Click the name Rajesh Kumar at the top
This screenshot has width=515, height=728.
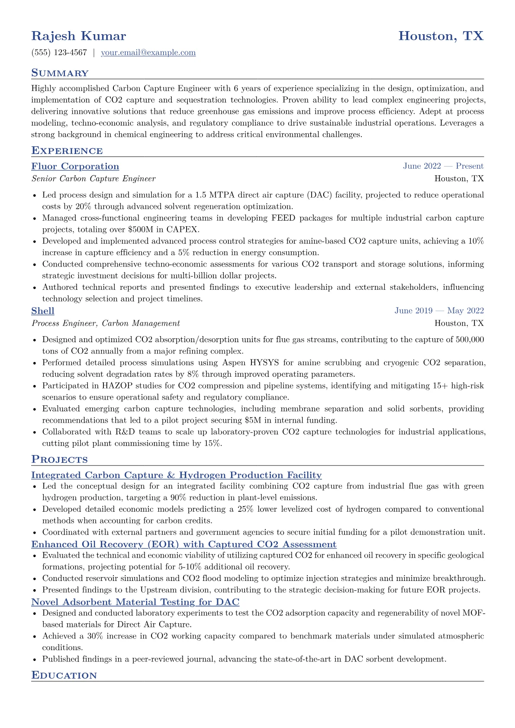(78, 36)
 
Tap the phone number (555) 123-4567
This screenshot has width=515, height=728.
(59, 53)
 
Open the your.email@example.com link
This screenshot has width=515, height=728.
(148, 53)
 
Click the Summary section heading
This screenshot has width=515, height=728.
(60, 73)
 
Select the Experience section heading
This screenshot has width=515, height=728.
(67, 151)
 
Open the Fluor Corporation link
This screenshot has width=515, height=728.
(75, 167)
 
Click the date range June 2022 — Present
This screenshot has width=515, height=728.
(443, 166)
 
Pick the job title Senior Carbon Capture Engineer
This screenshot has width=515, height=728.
(93, 179)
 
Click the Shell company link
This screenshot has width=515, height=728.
(42, 311)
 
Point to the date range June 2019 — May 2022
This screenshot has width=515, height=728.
(439, 311)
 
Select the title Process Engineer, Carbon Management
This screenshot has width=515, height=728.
(106, 323)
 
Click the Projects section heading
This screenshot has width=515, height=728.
(59, 460)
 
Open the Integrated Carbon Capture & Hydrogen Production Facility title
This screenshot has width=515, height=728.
(176, 475)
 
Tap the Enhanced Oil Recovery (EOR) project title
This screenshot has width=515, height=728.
(183, 545)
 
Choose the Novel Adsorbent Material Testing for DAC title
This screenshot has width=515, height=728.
(135, 602)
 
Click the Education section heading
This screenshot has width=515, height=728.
(64, 676)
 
